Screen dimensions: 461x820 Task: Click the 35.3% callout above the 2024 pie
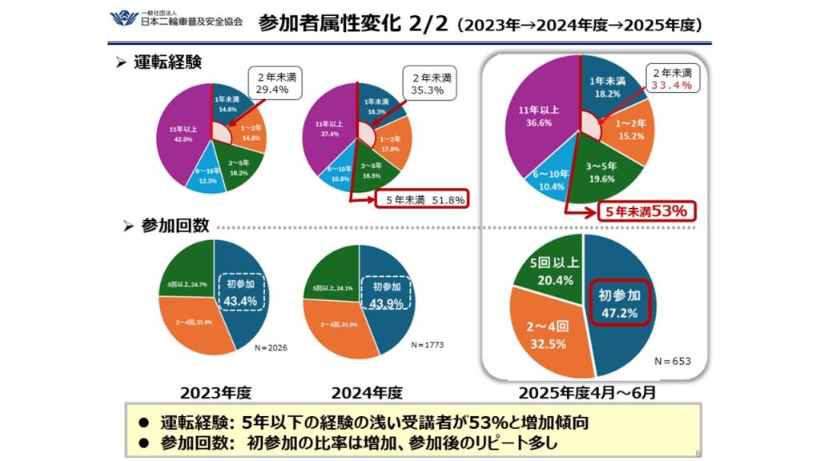tap(431, 84)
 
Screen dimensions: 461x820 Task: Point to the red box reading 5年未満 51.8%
tap(422, 199)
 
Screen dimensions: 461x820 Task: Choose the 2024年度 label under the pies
tap(368, 393)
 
